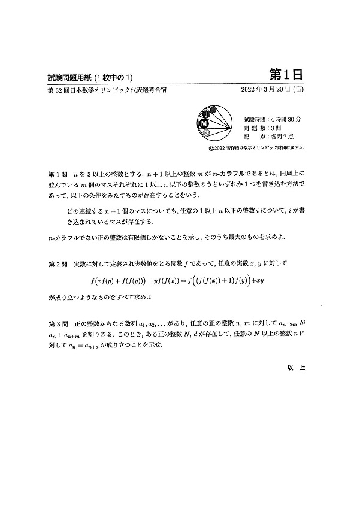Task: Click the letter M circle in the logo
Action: (205, 123)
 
